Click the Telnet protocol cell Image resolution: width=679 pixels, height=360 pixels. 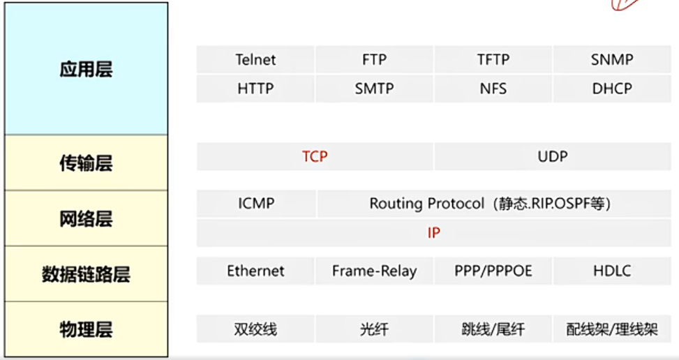tap(255, 60)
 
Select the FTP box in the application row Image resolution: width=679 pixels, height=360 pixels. tap(374, 60)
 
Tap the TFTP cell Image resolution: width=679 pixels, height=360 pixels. tap(493, 60)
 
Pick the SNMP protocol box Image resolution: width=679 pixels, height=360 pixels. tap(612, 60)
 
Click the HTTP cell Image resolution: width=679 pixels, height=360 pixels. tap(255, 89)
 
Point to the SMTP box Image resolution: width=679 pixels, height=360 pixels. tap(374, 89)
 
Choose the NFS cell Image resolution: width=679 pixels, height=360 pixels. tap(493, 89)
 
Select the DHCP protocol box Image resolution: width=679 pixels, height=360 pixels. tap(612, 89)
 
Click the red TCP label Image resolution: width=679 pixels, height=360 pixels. tap(315, 157)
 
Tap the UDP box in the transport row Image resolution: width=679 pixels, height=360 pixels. tap(553, 157)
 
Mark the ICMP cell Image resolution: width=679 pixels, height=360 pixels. tap(255, 204)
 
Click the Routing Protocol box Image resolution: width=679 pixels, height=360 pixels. tap(490, 204)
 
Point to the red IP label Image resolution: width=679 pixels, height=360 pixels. tap(434, 233)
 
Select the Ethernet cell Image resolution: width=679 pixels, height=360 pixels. tap(255, 271)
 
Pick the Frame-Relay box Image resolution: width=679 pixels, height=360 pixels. tap(374, 271)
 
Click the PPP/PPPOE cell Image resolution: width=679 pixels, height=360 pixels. tap(493, 271)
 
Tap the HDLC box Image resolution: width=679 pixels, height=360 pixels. tap(612, 271)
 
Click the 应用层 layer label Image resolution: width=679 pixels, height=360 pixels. tap(86, 70)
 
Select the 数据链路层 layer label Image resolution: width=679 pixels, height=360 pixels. tap(86, 274)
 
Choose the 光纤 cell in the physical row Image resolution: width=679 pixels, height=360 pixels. tap(374, 329)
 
